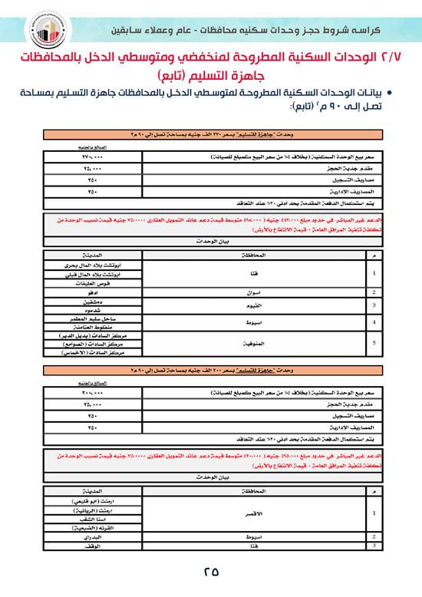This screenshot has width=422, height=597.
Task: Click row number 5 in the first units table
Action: click(x=374, y=343)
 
